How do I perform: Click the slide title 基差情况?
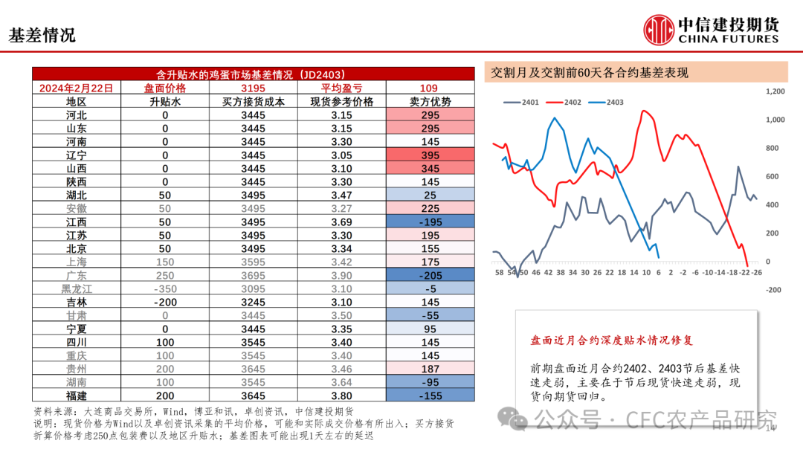click(42, 35)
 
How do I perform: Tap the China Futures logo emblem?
click(659, 30)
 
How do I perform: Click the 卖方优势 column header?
click(430, 102)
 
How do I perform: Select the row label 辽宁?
click(76, 155)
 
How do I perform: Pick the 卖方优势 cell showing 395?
click(430, 155)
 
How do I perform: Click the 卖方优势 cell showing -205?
click(430, 276)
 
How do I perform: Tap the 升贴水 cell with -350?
click(165, 289)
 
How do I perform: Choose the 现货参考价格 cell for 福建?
click(341, 396)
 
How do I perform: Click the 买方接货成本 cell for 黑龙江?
click(252, 289)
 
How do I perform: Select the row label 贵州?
click(76, 369)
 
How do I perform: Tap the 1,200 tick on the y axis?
click(775, 91)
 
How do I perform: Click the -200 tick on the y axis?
click(773, 291)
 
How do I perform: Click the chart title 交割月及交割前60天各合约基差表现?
click(590, 73)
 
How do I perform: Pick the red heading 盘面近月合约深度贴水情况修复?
click(611, 340)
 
